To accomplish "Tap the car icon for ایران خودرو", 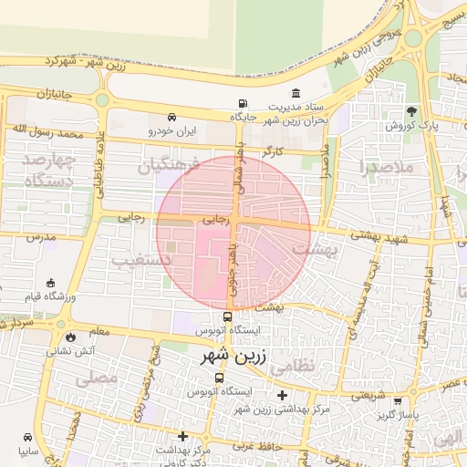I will (x=172, y=117).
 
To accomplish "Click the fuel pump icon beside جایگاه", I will (x=242, y=103).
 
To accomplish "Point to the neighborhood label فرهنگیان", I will (x=166, y=167).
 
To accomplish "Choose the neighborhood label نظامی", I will (x=318, y=364).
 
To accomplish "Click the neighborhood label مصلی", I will (x=98, y=376).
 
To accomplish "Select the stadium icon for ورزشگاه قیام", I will (x=49, y=283).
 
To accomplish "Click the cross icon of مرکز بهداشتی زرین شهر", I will (x=283, y=395).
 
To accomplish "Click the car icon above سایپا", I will (x=25, y=436).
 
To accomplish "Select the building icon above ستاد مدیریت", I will (x=296, y=93).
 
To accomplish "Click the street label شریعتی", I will (x=369, y=396).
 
